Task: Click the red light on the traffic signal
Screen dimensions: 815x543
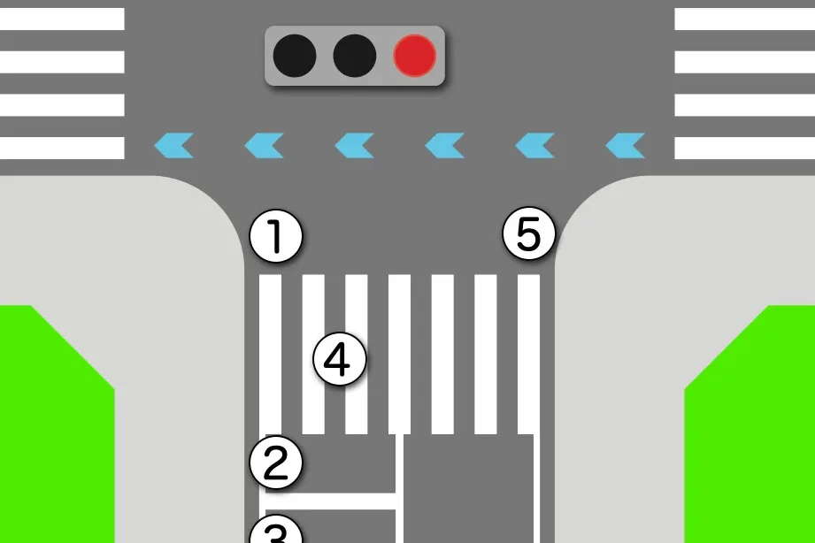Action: [415, 56]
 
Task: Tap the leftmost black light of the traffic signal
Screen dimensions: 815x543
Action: [295, 56]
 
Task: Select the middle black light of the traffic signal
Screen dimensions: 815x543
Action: [355, 56]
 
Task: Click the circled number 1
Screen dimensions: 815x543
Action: [276, 236]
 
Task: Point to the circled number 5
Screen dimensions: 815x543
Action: [529, 234]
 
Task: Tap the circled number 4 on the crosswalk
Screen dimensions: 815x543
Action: [340, 359]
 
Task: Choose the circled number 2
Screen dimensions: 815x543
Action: [276, 462]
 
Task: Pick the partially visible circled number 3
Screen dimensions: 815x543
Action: [276, 529]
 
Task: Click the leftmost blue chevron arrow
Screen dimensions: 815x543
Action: [174, 146]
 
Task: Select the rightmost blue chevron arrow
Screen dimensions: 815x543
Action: [626, 146]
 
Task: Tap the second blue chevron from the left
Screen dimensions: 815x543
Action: [265, 146]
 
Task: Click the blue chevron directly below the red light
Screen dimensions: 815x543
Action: [445, 146]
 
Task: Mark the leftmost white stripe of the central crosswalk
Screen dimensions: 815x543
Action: [270, 355]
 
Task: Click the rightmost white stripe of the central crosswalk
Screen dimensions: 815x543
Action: [528, 355]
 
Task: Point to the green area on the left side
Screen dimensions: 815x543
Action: [55, 424]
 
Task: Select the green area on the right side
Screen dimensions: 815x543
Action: [751, 424]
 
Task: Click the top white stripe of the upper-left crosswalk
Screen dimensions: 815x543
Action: [62, 19]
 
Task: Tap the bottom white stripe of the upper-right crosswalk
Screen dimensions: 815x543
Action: [745, 148]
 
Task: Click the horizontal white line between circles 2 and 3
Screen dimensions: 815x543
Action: [331, 501]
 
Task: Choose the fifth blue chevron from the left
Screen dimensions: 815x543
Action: [534, 146]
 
